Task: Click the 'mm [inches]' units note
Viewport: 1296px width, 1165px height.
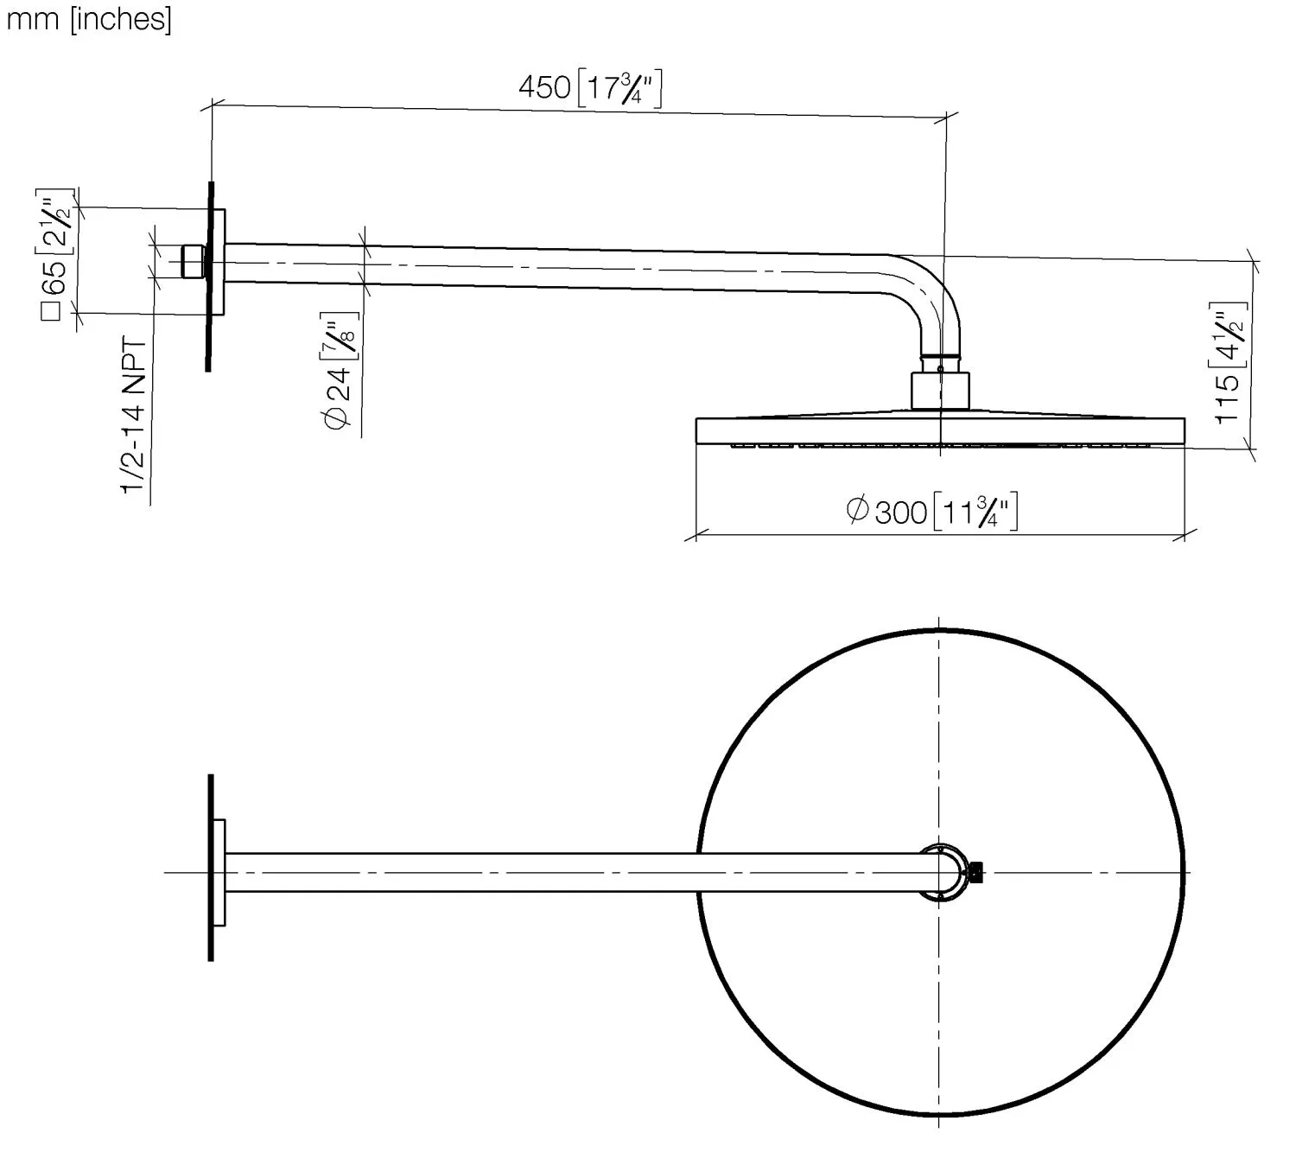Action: pos(89,18)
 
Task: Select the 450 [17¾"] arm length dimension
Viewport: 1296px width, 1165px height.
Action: pos(590,88)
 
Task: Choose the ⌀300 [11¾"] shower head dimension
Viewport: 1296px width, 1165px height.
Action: pos(933,512)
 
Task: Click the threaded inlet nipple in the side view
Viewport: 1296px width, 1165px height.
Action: pos(193,261)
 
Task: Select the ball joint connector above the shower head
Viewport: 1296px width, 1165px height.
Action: pos(941,388)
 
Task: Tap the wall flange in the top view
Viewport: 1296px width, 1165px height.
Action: pos(219,872)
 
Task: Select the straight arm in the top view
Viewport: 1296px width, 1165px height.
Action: pos(570,872)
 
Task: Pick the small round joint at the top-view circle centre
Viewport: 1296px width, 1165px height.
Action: pos(942,872)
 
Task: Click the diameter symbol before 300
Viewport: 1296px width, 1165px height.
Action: pos(857,509)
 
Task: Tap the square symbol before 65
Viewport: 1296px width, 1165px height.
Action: pos(53,310)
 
